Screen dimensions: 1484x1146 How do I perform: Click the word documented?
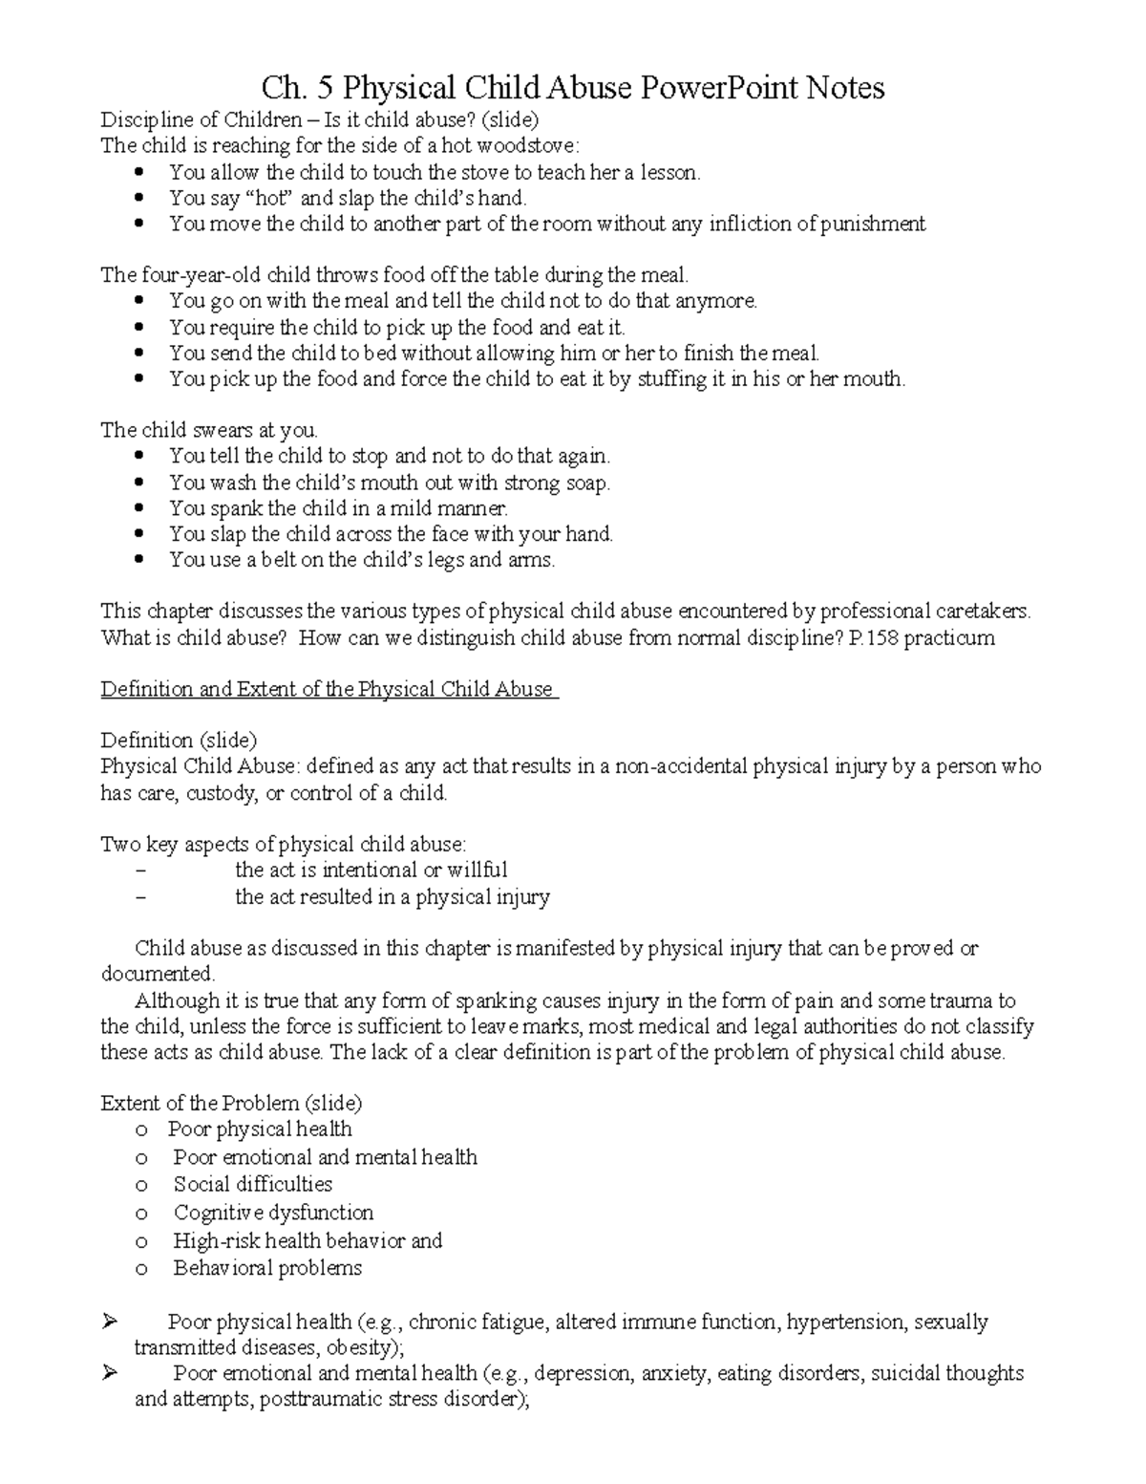158,975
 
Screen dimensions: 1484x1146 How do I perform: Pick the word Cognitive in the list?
219,1214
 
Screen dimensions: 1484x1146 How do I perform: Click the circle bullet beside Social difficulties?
142,1186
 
